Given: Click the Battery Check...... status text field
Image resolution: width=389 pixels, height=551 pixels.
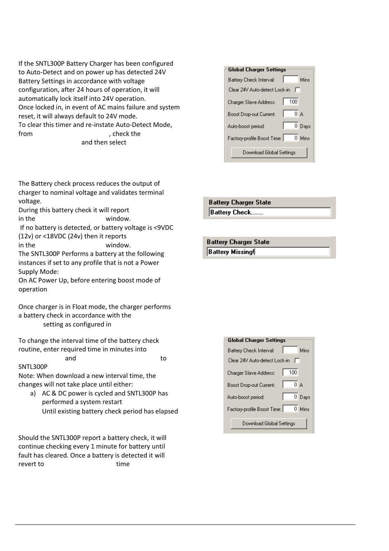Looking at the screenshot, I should [269, 212].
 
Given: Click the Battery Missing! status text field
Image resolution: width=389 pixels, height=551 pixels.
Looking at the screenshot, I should [268, 252].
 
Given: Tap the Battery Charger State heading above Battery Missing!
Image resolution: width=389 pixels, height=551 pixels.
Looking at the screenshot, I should [238, 242].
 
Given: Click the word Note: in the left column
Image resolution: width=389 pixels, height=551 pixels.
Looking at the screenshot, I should [27, 376].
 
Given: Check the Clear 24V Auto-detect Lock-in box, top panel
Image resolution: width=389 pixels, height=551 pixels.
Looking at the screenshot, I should [297, 90].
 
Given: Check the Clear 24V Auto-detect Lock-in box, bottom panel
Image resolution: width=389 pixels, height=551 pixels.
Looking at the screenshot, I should [297, 360].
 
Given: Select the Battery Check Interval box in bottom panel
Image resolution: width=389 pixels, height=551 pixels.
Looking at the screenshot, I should [290, 350].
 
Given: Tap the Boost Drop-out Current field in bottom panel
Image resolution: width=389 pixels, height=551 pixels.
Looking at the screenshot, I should [290, 384].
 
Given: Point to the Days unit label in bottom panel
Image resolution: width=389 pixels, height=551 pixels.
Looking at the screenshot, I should [305, 397].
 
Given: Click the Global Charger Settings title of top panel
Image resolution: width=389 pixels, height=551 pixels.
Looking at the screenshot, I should [257, 70].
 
